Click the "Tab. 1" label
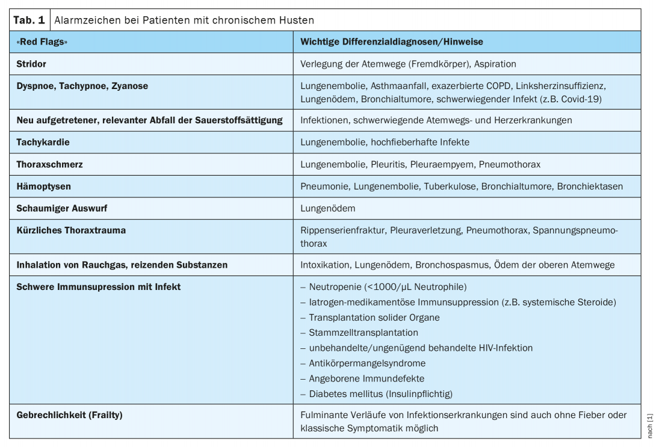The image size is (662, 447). point(29,20)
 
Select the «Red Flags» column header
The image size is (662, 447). point(42,42)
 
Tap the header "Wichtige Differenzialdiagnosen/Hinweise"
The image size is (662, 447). point(391,42)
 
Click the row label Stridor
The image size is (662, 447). point(31,64)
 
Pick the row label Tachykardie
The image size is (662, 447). point(43,142)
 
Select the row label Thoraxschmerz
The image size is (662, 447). point(49,164)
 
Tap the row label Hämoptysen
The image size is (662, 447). point(43,187)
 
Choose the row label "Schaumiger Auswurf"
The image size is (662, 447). point(61,208)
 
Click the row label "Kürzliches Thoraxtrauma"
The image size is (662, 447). point(71,230)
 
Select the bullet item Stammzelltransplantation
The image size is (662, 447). point(363,332)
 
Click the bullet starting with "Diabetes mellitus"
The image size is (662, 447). point(380,393)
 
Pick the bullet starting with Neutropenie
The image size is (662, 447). point(387,286)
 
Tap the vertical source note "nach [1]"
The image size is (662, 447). point(650,425)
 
